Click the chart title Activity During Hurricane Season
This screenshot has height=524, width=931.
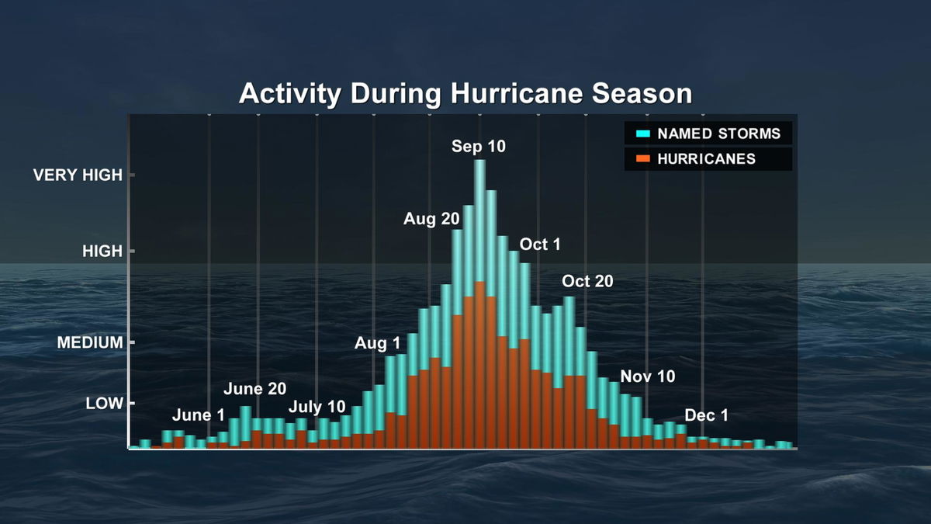click(465, 94)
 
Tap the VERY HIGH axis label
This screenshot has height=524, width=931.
click(78, 175)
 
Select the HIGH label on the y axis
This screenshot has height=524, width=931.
click(103, 252)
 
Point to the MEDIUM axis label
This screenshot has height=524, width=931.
click(90, 342)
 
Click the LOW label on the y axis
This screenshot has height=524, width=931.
click(105, 403)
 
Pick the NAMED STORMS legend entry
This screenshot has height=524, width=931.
click(718, 134)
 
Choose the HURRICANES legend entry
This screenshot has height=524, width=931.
click(706, 159)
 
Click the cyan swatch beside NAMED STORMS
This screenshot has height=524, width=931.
click(642, 134)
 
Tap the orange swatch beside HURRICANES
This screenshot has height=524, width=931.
click(642, 159)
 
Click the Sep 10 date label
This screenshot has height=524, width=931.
click(479, 146)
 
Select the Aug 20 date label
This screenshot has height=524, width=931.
click(431, 219)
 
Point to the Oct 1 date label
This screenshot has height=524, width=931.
click(540, 245)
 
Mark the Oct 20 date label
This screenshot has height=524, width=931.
click(587, 281)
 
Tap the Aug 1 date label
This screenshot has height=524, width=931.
click(378, 343)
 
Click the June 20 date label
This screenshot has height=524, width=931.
click(255, 389)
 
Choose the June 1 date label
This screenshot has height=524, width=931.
click(198, 415)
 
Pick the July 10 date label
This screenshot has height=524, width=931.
click(317, 407)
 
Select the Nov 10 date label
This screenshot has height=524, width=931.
click(648, 377)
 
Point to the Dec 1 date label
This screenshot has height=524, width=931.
click(707, 415)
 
